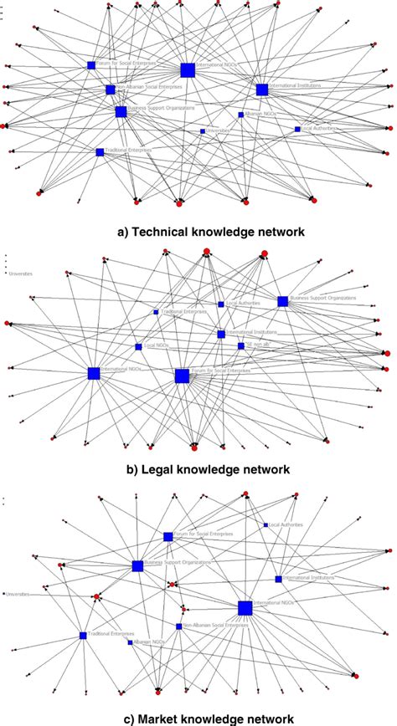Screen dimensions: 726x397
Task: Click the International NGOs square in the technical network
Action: click(188, 69)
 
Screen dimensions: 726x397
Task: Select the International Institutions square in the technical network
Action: click(262, 89)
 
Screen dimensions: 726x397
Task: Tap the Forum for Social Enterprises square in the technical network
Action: click(91, 65)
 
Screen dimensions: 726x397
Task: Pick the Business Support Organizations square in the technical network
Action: click(121, 111)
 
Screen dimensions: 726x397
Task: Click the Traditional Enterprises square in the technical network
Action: click(100, 152)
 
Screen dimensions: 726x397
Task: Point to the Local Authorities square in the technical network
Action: click(297, 129)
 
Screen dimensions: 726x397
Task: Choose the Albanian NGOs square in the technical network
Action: click(240, 115)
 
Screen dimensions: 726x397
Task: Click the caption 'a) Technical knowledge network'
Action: click(198, 228)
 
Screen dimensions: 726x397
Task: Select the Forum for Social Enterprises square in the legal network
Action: click(182, 376)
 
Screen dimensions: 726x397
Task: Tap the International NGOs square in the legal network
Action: click(93, 374)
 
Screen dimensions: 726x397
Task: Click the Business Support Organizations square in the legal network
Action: click(282, 301)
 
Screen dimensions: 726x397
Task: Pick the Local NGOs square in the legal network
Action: click(139, 346)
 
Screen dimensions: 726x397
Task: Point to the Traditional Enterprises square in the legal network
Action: click(156, 312)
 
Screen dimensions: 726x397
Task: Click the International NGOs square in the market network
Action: click(245, 607)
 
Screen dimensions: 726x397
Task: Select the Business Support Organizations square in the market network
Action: click(137, 566)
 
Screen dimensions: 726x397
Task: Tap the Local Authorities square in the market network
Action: click(266, 524)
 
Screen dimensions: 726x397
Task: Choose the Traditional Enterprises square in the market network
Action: click(83, 636)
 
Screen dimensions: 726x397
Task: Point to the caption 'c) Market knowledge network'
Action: click(198, 718)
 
